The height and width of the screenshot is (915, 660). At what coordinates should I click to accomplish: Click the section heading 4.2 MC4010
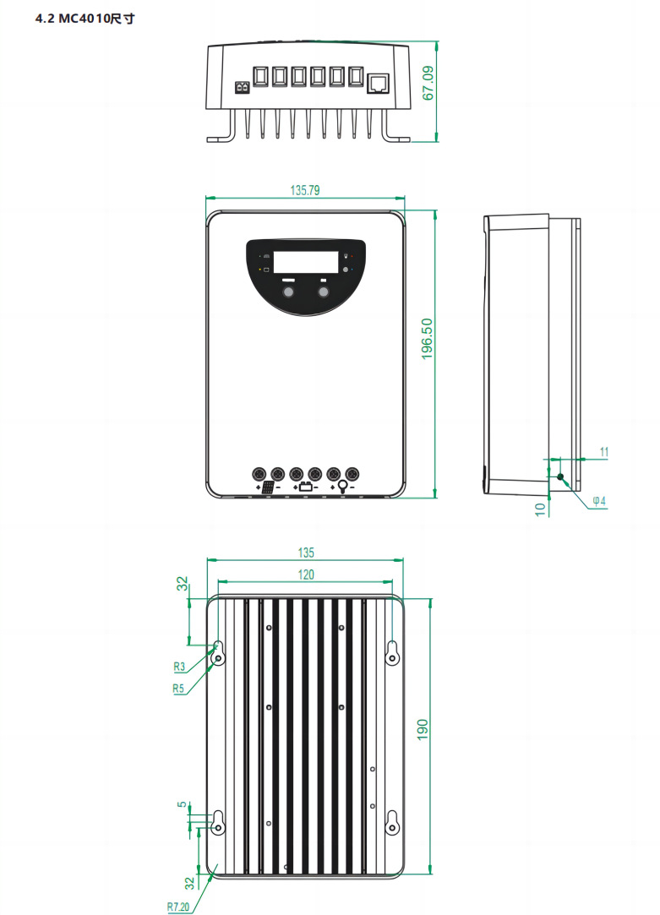coord(85,18)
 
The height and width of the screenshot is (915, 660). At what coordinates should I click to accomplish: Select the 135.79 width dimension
coord(305,191)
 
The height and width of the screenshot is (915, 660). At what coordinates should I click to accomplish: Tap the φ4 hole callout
coord(598,501)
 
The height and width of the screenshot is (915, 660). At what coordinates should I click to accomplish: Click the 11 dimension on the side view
coord(603,452)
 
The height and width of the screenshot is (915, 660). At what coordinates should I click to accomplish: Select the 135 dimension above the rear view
coord(305,553)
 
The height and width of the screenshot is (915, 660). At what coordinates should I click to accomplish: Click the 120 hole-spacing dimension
coord(305,575)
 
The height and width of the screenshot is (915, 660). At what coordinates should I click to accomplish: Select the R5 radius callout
coord(178,689)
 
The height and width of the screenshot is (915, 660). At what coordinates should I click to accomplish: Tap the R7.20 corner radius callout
coord(178,907)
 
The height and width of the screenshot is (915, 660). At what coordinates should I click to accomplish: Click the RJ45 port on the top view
coord(377,82)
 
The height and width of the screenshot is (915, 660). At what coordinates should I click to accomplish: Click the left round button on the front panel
coord(288,291)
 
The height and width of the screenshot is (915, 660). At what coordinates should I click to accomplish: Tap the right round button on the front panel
coord(324,291)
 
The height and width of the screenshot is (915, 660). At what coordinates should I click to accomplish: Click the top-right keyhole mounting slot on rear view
coord(392,652)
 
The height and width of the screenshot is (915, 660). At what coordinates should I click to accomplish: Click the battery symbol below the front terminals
coord(305,487)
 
